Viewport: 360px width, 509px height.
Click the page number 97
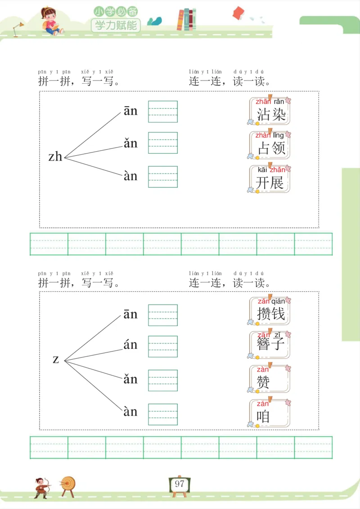click(x=180, y=484)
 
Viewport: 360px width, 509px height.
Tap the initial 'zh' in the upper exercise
click(x=55, y=156)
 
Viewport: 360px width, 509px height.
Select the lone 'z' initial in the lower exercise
click(x=56, y=359)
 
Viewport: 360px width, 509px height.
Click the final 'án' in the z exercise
click(x=130, y=345)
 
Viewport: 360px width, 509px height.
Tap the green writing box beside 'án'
click(x=163, y=346)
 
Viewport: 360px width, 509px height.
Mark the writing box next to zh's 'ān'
click(x=163, y=112)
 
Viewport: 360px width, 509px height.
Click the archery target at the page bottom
click(x=68, y=485)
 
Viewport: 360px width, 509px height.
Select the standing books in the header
click(x=186, y=20)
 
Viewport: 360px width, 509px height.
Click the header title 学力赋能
click(x=116, y=25)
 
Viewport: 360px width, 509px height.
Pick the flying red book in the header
click(x=238, y=13)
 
